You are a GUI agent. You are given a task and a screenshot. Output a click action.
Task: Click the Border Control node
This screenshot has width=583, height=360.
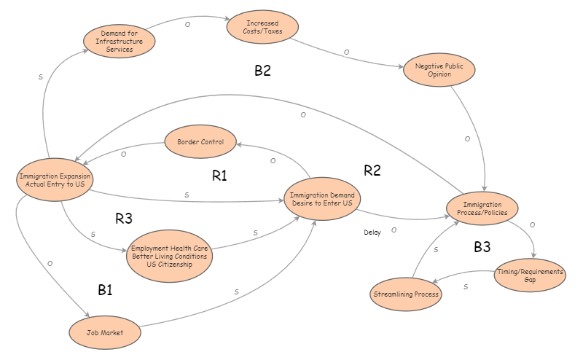point(200,141)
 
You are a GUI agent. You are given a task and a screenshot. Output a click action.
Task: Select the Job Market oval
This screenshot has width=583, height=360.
point(104,332)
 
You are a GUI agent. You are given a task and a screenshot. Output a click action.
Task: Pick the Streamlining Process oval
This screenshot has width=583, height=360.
point(406,294)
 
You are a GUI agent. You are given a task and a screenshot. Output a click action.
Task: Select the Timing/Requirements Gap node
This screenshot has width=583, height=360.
point(530,275)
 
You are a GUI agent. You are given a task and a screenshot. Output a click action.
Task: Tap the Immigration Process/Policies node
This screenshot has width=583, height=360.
point(482,208)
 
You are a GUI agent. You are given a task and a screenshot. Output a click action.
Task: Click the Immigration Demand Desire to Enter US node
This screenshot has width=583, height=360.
point(322,199)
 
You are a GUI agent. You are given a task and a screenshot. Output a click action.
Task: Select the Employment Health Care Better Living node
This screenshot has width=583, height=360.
point(169,257)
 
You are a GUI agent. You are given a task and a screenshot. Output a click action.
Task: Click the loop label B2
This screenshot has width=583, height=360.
point(262,71)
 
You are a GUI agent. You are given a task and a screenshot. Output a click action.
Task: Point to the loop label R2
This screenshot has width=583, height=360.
point(372,171)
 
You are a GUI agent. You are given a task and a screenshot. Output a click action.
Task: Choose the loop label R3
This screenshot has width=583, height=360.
point(124,218)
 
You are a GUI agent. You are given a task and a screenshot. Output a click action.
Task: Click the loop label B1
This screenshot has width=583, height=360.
point(106,290)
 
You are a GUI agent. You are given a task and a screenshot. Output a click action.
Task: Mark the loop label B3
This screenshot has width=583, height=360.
point(482,247)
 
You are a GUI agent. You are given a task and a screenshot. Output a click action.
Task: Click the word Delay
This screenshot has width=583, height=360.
point(372,233)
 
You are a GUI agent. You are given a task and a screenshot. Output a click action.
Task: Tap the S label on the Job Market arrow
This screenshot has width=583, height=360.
point(236,291)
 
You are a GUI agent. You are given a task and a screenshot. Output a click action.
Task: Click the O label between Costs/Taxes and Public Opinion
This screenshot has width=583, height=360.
point(346,52)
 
